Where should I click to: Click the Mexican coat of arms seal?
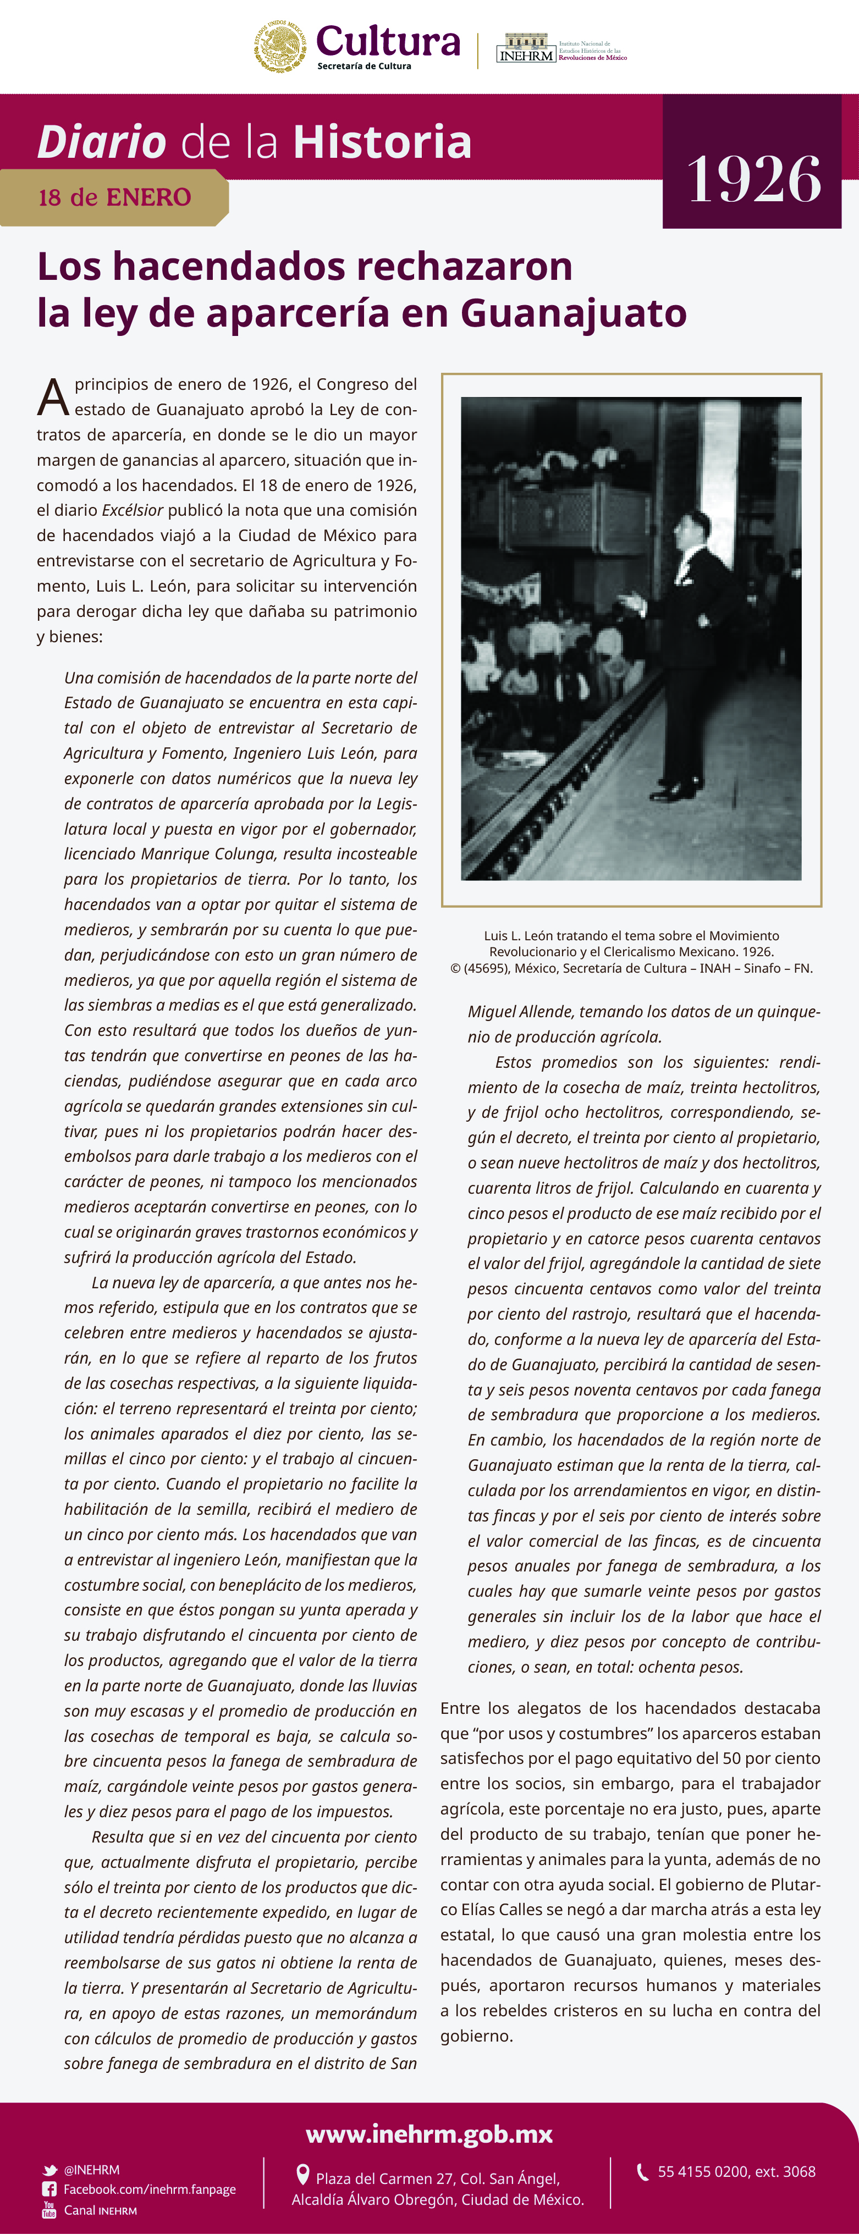pyautogui.click(x=279, y=46)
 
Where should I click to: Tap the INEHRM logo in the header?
pyautogui.click(x=526, y=48)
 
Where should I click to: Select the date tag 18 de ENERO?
pyautogui.click(x=114, y=198)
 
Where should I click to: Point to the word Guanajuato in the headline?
pyautogui.click(x=574, y=313)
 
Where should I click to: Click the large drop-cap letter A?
pyautogui.click(x=53, y=397)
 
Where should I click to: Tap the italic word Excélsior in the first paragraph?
pyautogui.click(x=133, y=510)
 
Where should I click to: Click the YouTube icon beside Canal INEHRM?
pyautogui.click(x=49, y=2210)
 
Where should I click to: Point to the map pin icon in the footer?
pyautogui.click(x=303, y=2174)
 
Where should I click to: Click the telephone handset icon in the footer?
pyautogui.click(x=642, y=2171)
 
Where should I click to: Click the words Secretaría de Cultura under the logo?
pyautogui.click(x=365, y=66)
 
